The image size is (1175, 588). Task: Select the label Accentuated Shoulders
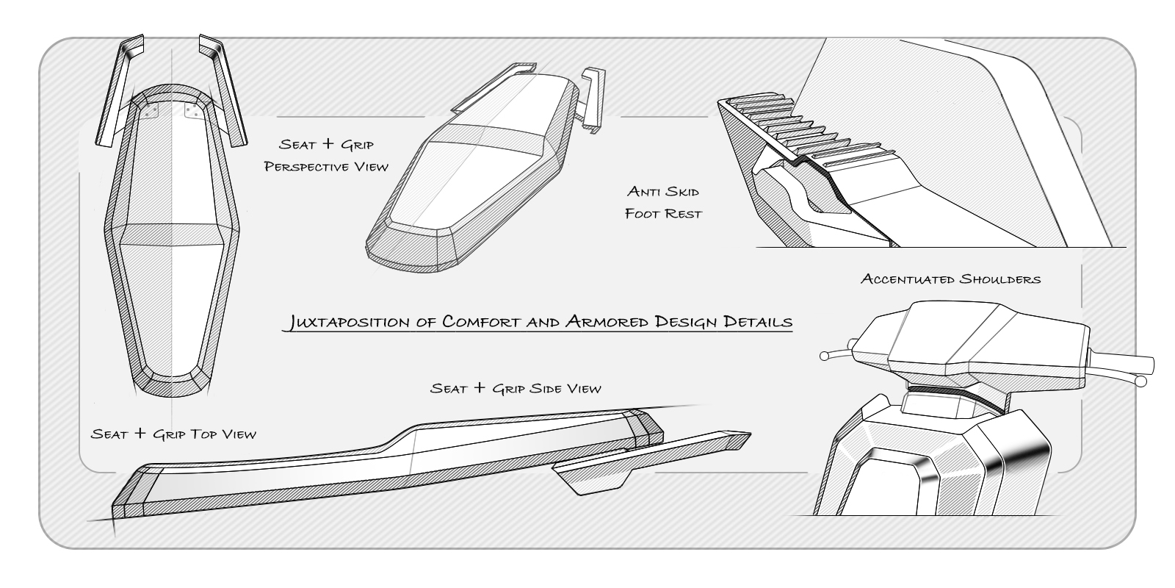(x=951, y=279)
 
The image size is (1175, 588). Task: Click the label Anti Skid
(x=663, y=192)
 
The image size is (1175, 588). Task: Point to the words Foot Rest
(x=663, y=214)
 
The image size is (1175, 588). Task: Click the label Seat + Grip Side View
(x=516, y=387)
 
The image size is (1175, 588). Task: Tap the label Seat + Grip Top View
(x=174, y=434)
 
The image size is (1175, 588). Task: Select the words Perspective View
(x=326, y=166)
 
